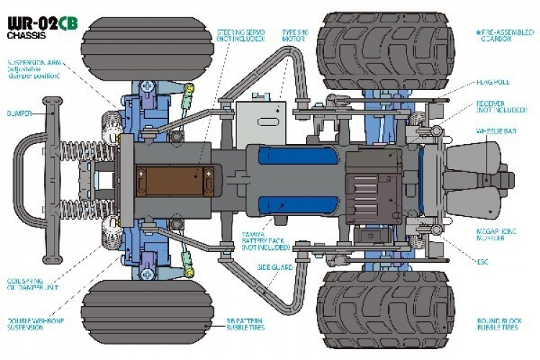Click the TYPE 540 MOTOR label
coord(294,37)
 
